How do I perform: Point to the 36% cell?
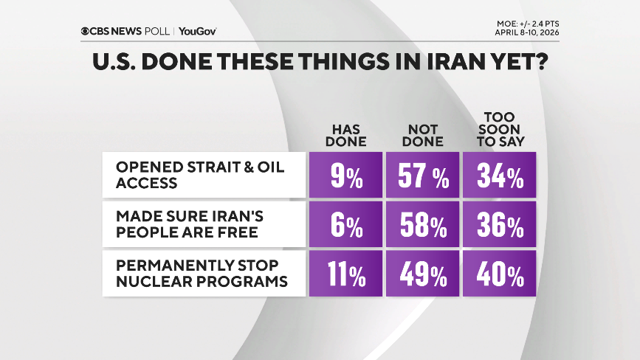coord(498,225)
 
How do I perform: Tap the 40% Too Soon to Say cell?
coord(498,275)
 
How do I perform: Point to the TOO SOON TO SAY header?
coord(498,129)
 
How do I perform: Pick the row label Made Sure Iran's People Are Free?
coord(190,224)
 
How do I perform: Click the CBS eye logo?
coord(86,31)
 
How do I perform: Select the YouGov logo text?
coord(197,31)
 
